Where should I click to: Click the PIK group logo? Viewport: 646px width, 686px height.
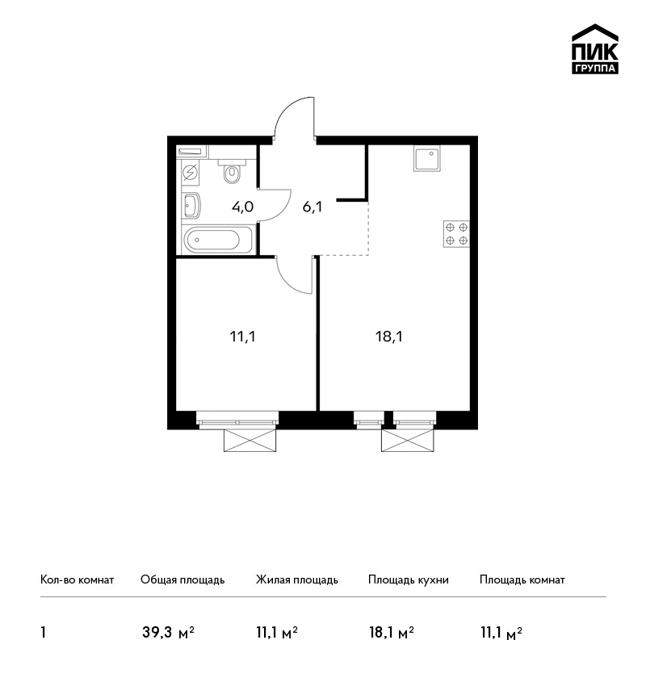595,49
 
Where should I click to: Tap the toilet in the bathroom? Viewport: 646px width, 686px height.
232,170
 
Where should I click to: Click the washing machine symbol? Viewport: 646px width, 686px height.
190,174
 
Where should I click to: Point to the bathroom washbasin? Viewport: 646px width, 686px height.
191,205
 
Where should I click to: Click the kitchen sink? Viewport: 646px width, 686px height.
426,159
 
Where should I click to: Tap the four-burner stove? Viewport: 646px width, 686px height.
456,234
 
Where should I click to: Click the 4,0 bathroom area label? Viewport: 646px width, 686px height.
242,207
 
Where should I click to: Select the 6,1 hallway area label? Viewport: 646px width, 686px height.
313,207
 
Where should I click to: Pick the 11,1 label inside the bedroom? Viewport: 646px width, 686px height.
242,337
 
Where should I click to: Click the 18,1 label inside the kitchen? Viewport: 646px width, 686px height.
389,337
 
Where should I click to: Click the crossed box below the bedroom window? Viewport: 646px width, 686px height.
250,440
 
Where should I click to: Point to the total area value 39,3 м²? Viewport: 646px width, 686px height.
168,633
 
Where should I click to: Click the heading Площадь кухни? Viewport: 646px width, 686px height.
409,579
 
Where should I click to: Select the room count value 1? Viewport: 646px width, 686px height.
43,633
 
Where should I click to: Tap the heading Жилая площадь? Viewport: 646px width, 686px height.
296,579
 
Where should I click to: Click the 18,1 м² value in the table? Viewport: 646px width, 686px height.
392,633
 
